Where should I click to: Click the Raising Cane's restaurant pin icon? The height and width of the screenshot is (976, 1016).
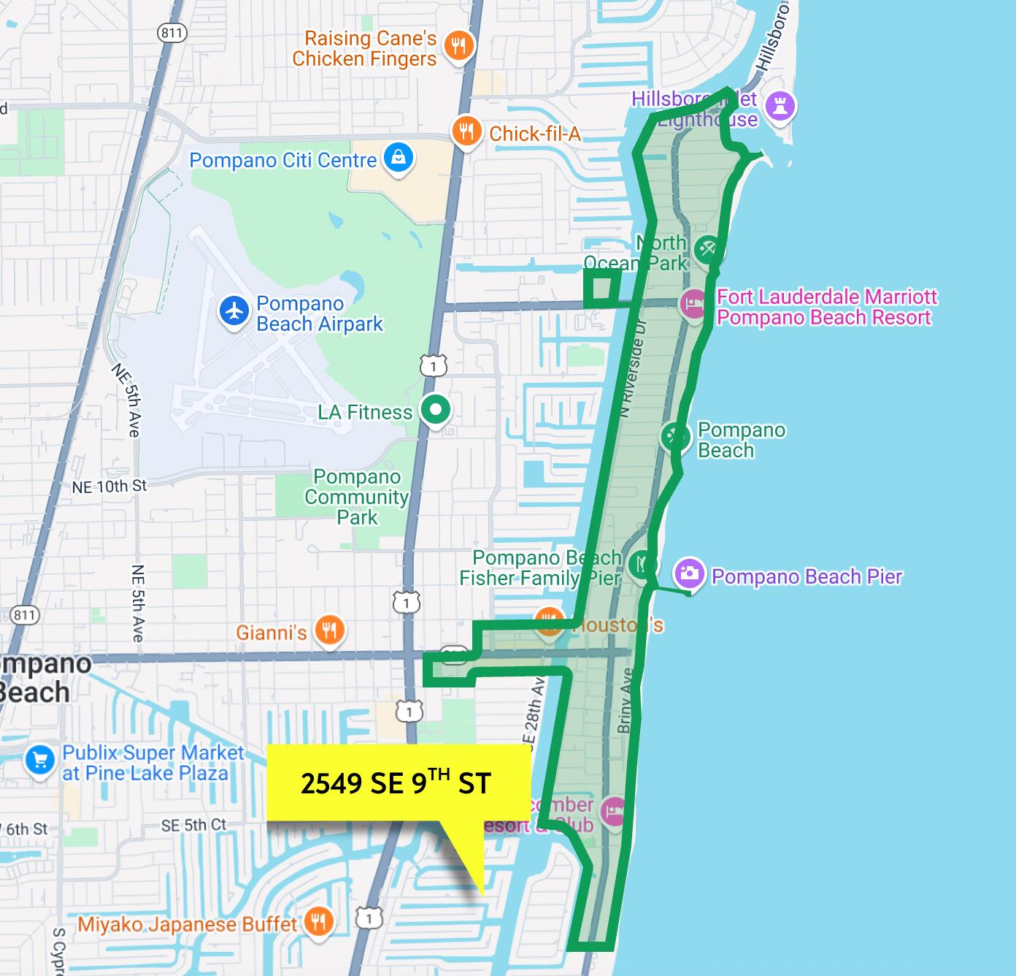(x=458, y=46)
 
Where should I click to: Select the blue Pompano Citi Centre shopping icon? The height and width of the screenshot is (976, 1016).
(x=399, y=158)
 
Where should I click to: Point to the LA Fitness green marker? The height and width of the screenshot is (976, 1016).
(x=436, y=410)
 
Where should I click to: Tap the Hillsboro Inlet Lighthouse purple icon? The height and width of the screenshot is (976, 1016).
(x=781, y=106)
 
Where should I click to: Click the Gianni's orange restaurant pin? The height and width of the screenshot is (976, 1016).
(x=329, y=630)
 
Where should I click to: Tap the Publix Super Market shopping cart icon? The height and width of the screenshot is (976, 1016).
(x=39, y=760)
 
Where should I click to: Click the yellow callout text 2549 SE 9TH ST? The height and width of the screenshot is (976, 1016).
(x=396, y=783)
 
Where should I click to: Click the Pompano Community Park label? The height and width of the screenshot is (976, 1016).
(x=357, y=497)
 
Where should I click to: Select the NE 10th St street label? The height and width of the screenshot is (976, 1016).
(x=109, y=486)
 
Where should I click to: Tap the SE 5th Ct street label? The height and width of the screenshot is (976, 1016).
(x=193, y=825)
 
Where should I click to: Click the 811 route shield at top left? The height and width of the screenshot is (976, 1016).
(x=172, y=32)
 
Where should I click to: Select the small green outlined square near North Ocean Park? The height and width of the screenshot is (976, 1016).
(x=602, y=288)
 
